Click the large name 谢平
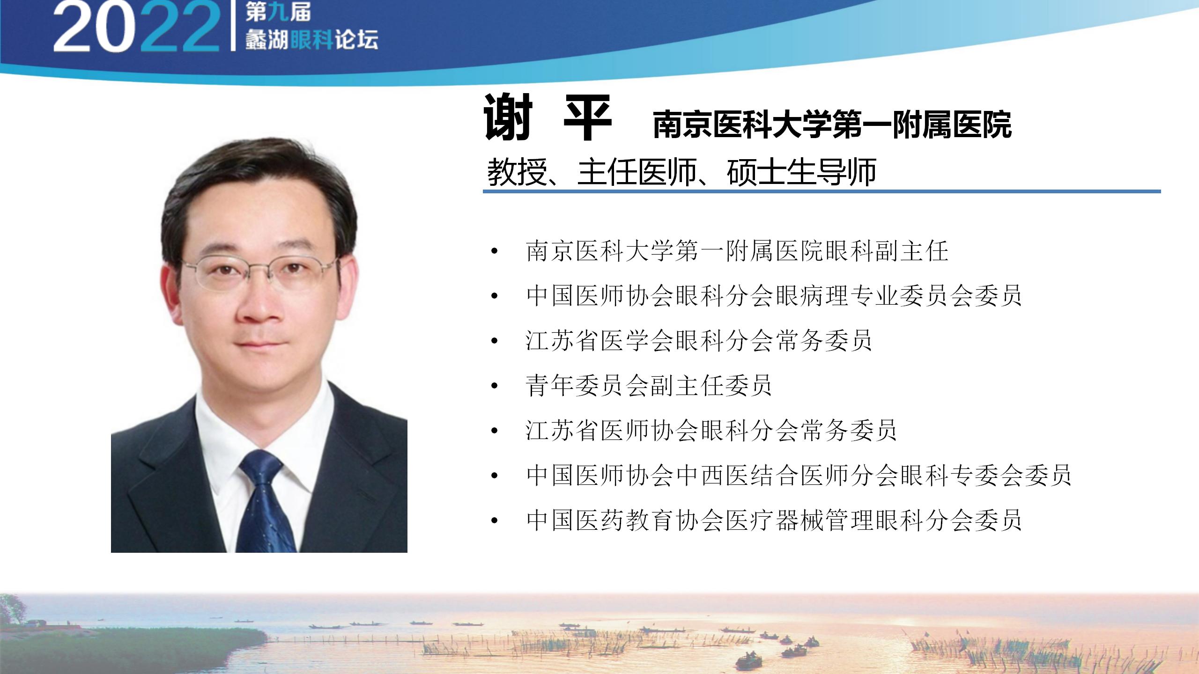coord(548,117)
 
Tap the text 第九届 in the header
coord(278,12)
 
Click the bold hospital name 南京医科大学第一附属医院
coord(832,125)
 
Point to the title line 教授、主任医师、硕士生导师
coord(681,172)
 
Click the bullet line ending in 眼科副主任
coord(737,251)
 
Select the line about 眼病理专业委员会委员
coord(774,296)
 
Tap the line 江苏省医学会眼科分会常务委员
coord(699,341)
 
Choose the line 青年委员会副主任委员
coord(649,386)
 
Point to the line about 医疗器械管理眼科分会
coord(774,520)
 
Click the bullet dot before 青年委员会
coord(495,387)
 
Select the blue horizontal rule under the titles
coord(822,191)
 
